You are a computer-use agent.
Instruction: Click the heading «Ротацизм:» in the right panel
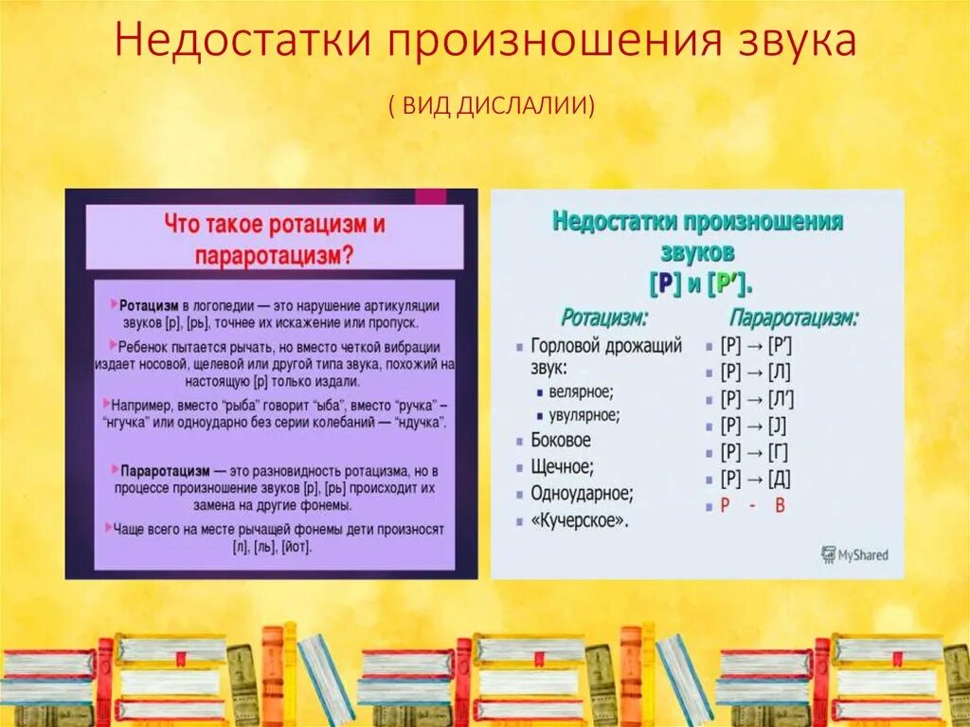coord(604,318)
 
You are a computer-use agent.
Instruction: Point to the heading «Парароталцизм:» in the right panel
coord(794,318)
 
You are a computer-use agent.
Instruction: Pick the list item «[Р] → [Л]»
coord(755,372)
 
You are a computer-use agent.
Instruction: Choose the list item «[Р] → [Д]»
coord(755,478)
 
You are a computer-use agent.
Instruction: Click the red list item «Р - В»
coord(753,505)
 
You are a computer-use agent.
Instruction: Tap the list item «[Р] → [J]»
coord(754,425)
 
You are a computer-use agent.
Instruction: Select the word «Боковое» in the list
coord(560,440)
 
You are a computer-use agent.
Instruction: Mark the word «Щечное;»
coord(563,466)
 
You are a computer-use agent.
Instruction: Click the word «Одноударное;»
coord(582,493)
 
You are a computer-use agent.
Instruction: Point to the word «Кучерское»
coord(579,520)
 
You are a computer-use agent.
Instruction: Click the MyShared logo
coord(854,554)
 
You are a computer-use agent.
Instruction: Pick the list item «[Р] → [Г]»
coord(754,451)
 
